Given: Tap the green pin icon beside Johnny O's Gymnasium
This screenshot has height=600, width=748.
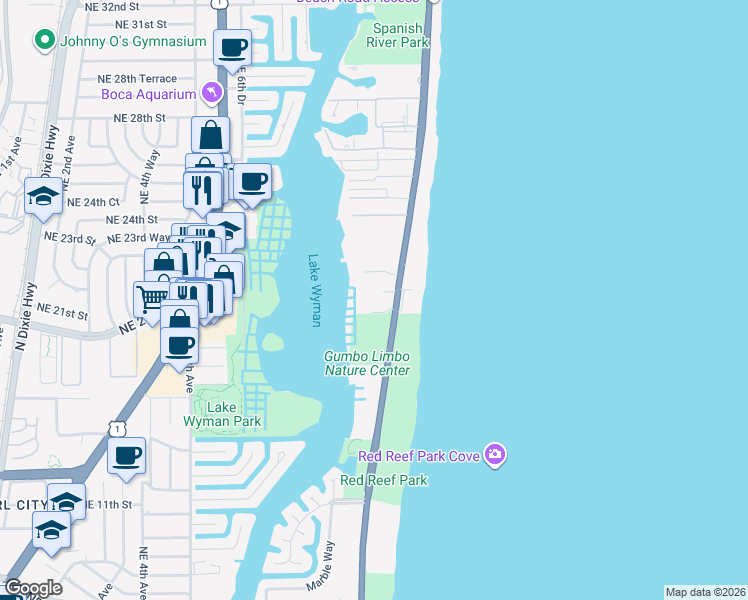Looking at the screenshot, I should tap(44, 41).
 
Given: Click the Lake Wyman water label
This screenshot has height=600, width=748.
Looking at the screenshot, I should tap(315, 289).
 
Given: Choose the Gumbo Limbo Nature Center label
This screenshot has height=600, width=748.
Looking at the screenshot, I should tap(366, 363).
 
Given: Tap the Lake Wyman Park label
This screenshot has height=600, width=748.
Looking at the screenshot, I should tap(221, 414).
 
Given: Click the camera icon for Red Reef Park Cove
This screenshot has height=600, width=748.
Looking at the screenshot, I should tap(495, 456).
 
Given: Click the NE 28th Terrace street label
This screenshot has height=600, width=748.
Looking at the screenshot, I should tap(137, 79).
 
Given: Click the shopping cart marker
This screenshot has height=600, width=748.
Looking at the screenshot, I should tap(151, 297).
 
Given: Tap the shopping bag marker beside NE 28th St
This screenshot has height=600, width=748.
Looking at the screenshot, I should tap(211, 135).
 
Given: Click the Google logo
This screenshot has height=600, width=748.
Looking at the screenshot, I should tap(33, 588).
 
